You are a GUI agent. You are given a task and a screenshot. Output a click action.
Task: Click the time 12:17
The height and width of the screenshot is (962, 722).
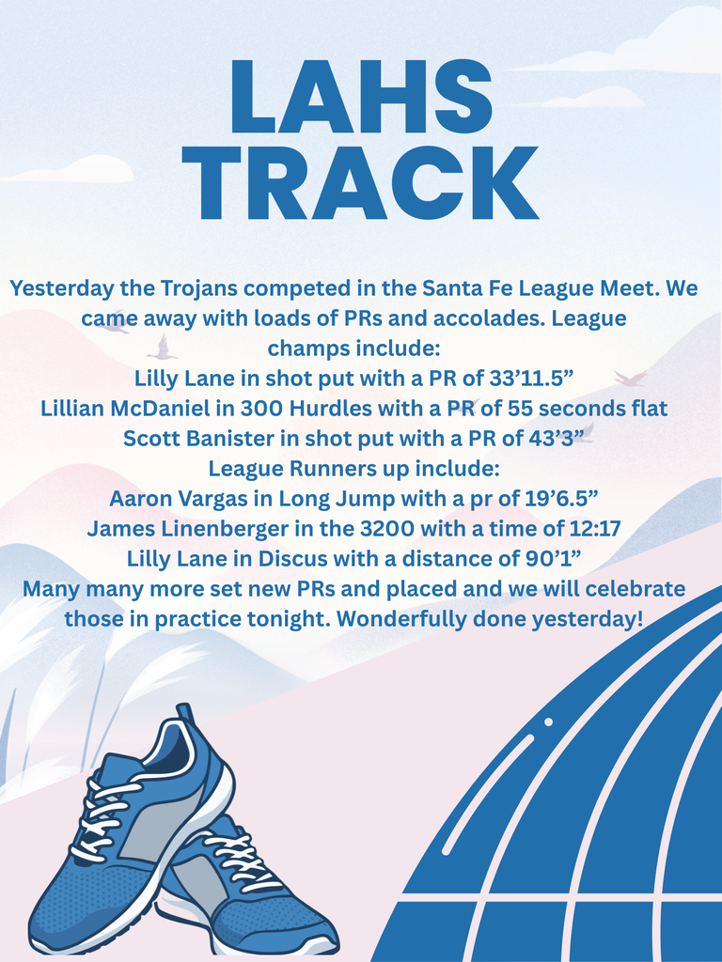pyautogui.click(x=593, y=528)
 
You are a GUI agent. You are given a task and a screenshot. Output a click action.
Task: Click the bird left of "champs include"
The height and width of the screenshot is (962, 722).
pyautogui.click(x=163, y=349)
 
